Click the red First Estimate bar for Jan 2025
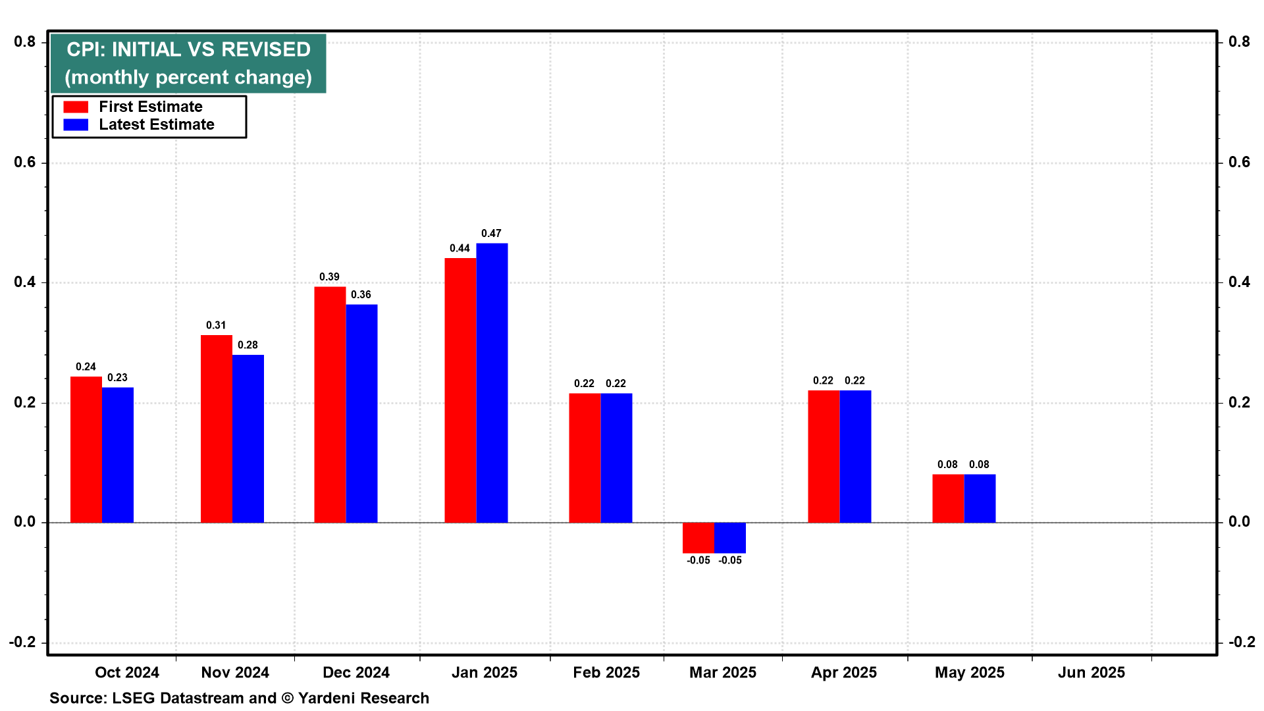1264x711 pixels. [x=460, y=390]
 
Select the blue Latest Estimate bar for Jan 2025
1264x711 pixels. [x=492, y=383]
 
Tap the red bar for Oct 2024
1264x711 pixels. [x=86, y=450]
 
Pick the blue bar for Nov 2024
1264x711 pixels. [x=248, y=439]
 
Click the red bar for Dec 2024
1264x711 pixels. [x=330, y=405]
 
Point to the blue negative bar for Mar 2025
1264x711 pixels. [x=730, y=538]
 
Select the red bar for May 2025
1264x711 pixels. [x=948, y=498]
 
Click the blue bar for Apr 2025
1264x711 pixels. [x=855, y=457]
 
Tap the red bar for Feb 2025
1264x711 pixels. [x=585, y=458]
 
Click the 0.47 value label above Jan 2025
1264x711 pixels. [x=491, y=234]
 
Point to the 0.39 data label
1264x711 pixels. [x=329, y=277]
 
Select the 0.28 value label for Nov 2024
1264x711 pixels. [x=248, y=345]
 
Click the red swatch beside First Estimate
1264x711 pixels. [x=76, y=107]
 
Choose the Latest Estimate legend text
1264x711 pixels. [x=157, y=124]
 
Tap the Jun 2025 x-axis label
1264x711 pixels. [x=1091, y=673]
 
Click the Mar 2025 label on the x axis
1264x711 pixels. [x=722, y=673]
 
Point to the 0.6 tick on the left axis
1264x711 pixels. [x=25, y=163]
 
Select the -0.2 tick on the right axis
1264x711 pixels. [x=1242, y=643]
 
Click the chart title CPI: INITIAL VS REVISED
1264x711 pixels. [x=188, y=49]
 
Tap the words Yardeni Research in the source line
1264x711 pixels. [x=363, y=698]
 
